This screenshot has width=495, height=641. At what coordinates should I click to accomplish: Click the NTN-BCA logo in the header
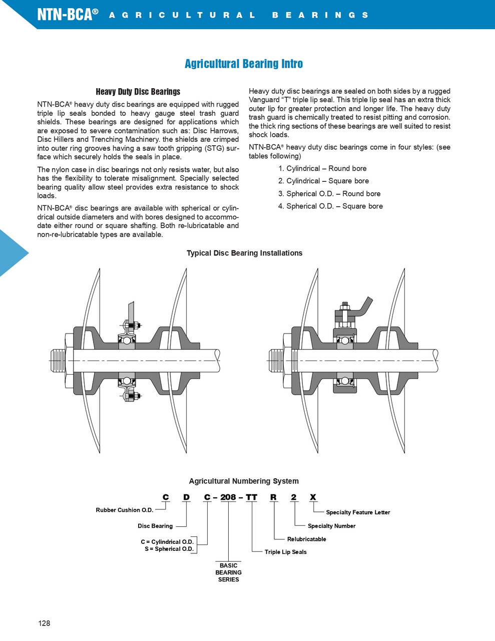coord(67,14)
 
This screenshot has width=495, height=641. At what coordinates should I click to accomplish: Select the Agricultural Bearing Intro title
coord(244,64)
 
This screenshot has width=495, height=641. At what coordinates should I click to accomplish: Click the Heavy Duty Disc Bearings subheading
coord(138,92)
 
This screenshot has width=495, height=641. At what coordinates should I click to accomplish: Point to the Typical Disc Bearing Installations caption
coord(244,253)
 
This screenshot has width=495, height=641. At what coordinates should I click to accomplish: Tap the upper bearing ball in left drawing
coord(127,341)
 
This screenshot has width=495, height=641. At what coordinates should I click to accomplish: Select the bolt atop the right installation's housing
coord(344,306)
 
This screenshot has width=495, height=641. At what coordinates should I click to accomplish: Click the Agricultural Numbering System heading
coord(244,481)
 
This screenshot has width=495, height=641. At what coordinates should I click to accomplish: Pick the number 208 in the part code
coord(228,497)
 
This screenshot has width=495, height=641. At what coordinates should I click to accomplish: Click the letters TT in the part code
coord(251,497)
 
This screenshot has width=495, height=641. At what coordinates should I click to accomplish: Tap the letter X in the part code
coord(313,497)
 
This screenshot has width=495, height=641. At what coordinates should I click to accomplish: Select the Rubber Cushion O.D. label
coord(125,510)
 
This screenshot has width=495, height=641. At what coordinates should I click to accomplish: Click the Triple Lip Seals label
coord(285,552)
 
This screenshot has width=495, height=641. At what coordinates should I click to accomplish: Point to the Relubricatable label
coord(306,539)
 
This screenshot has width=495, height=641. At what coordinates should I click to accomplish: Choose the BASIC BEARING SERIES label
coord(228,572)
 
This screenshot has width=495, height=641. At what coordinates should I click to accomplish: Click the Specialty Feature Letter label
coord(358,512)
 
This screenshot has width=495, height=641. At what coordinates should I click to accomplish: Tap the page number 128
coord(44,623)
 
